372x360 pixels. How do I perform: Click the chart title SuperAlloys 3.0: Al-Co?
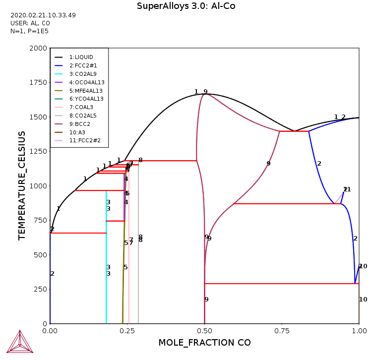click(186, 6)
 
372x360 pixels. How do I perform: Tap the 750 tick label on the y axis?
click(39, 221)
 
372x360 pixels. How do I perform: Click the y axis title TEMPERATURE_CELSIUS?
click(22, 186)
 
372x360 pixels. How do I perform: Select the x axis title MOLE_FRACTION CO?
click(204, 343)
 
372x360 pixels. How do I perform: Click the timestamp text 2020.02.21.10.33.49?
click(43, 15)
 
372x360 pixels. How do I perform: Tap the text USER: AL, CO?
click(30, 23)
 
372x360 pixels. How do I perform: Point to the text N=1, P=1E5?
click(29, 31)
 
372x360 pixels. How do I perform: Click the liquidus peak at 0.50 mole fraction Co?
click(205, 94)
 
